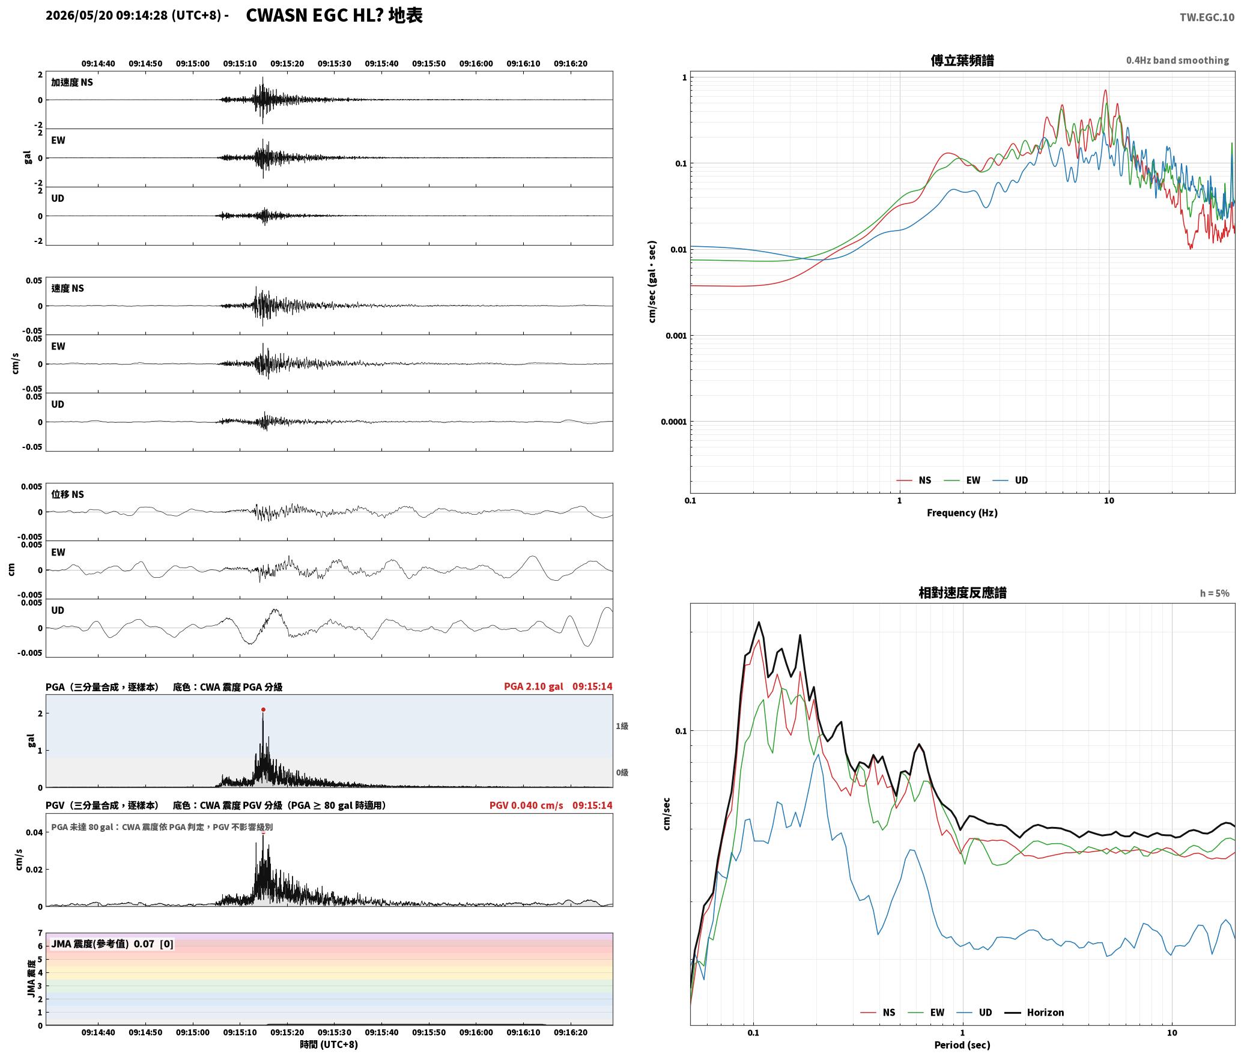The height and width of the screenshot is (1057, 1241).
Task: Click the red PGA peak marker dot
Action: pos(263,709)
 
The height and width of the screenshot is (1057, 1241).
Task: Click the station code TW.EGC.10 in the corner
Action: pos(1207,17)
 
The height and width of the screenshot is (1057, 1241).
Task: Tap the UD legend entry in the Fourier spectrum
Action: pos(1010,480)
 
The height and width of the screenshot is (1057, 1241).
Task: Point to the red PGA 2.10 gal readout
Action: pos(533,686)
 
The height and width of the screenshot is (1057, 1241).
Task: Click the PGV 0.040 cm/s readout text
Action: pos(526,805)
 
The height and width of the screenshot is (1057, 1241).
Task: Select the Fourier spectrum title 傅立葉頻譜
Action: pos(962,60)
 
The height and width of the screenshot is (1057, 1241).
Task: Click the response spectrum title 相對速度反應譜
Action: pos(962,592)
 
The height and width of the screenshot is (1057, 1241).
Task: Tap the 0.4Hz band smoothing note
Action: pos(1177,60)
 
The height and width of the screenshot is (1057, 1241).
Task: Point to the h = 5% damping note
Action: pos(1215,593)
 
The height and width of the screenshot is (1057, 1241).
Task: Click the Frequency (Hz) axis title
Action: pos(962,512)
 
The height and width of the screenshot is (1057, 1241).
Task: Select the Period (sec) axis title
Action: pos(962,1044)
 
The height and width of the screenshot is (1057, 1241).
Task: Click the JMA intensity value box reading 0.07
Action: pos(112,943)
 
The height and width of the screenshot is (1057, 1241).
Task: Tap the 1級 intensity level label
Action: pos(622,726)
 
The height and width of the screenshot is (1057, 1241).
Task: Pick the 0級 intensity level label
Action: pos(622,772)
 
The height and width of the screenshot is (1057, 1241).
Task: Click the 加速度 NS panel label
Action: pos(72,82)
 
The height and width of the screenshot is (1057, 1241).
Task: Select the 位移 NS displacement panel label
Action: pos(67,494)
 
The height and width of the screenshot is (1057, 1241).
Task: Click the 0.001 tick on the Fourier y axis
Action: pos(676,336)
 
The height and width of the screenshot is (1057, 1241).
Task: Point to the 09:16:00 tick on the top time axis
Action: pos(476,63)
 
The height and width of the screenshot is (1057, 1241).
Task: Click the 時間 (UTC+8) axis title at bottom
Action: pos(329,1044)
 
